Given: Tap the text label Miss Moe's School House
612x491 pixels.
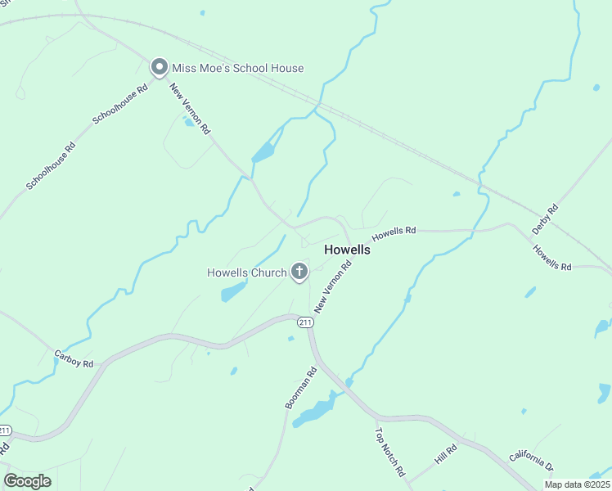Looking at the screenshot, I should [x=237, y=69].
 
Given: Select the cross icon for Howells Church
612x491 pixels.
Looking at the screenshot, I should [x=299, y=272].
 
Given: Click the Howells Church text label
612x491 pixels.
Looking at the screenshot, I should [x=246, y=273].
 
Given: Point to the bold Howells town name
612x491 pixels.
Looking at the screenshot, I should [x=348, y=250].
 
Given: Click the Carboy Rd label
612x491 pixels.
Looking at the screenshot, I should [x=74, y=358].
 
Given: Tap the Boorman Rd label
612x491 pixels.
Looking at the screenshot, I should [x=300, y=389].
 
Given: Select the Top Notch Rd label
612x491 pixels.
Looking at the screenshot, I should [x=390, y=452].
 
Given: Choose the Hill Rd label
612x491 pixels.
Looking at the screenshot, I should [x=446, y=453].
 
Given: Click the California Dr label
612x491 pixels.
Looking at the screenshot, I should [x=532, y=462].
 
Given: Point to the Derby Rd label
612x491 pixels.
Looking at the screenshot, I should [x=545, y=220].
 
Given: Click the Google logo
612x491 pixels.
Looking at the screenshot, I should [x=27, y=480].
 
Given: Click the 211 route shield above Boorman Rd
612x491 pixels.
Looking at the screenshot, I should [x=305, y=323].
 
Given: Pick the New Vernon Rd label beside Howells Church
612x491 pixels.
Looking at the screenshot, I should [x=333, y=285].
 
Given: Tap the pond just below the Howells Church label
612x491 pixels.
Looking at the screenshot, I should [x=233, y=291].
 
